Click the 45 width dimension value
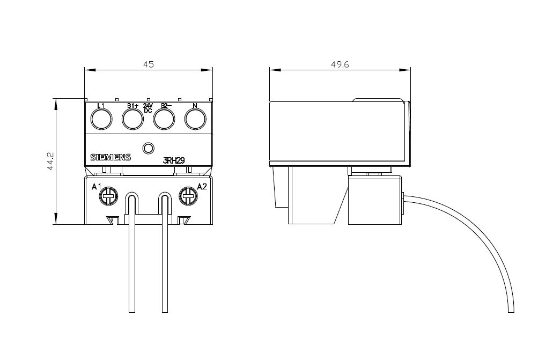(x=149, y=64)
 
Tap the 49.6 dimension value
(x=340, y=64)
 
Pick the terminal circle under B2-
(x=164, y=119)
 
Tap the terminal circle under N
(x=195, y=119)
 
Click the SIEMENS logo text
(x=110, y=158)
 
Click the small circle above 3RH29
(x=148, y=148)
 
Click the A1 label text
(x=97, y=187)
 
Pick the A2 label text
(x=202, y=187)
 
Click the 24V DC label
(x=148, y=107)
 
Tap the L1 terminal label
(x=101, y=105)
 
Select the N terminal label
(x=195, y=105)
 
